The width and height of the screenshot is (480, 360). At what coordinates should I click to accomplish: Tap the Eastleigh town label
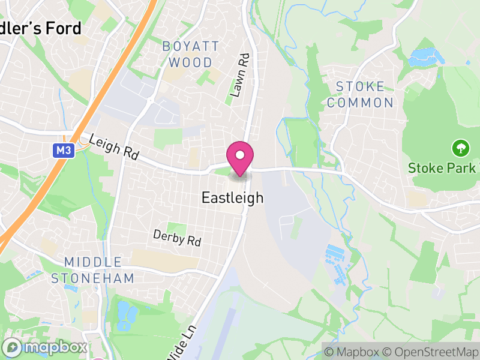[233, 197]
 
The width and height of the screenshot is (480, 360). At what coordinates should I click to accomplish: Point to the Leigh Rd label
[113, 148]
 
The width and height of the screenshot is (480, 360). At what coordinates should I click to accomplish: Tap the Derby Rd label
[177, 238]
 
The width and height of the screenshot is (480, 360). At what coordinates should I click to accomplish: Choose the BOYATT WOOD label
[190, 54]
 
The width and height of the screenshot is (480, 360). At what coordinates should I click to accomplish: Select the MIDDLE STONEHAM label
[92, 270]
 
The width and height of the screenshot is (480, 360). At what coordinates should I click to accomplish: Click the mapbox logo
[45, 347]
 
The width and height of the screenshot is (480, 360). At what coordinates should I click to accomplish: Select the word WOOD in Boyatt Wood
[190, 62]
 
